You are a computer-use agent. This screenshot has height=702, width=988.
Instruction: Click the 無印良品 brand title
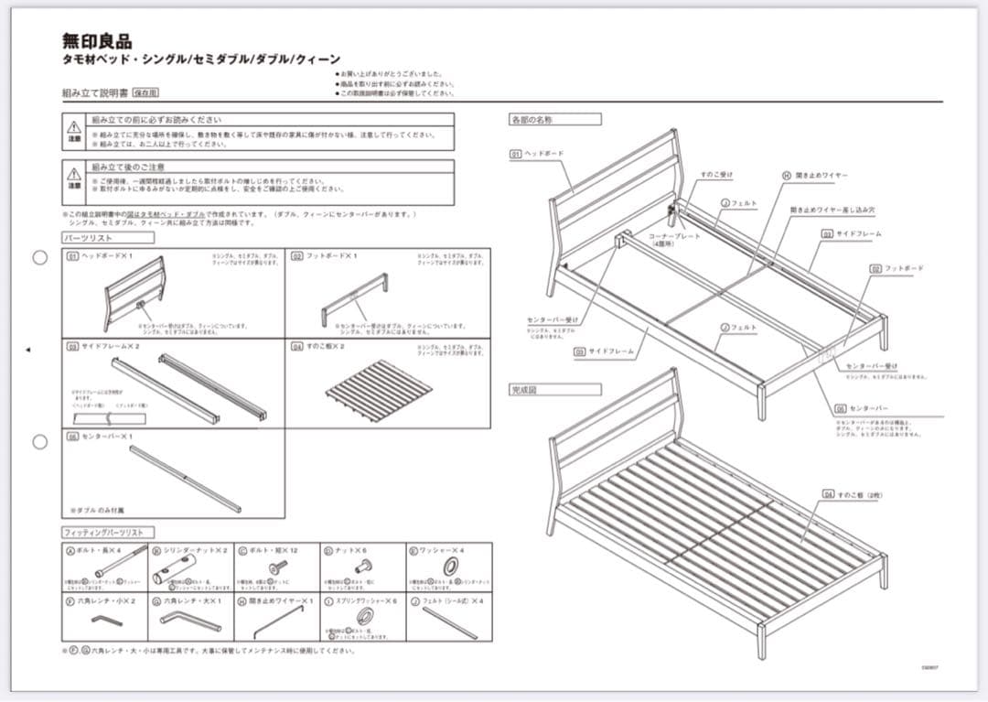[97, 41]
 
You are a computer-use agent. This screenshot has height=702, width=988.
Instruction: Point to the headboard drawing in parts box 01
[134, 292]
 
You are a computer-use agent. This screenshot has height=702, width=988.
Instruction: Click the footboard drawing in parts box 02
[354, 298]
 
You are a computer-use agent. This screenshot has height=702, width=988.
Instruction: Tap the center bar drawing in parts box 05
[186, 478]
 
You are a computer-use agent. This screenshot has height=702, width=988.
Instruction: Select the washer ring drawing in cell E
[450, 567]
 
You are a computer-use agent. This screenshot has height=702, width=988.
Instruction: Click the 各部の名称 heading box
[554, 119]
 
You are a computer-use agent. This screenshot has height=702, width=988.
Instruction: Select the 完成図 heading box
[554, 389]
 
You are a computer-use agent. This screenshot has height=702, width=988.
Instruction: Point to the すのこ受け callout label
[716, 174]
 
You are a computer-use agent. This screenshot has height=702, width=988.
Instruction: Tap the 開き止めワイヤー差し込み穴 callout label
[832, 209]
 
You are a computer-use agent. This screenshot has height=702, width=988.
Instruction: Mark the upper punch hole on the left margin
[40, 257]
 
